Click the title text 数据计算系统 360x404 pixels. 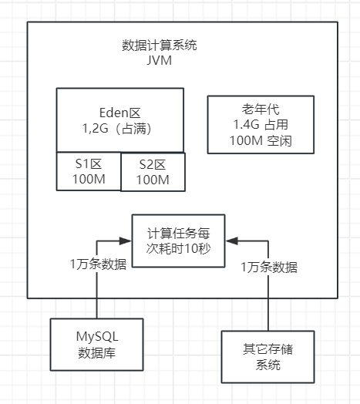[x=160, y=45]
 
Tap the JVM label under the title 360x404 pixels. [x=160, y=61]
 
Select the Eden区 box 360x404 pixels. [x=119, y=120]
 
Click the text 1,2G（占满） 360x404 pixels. [x=119, y=130]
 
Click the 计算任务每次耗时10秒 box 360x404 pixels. [x=178, y=241]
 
